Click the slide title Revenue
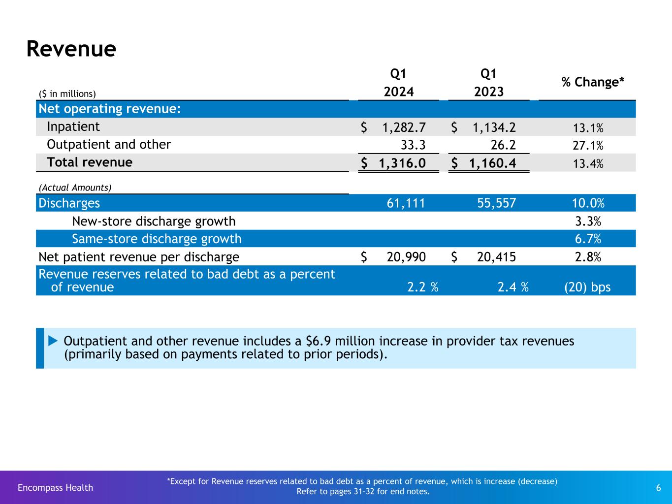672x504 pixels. click(x=71, y=49)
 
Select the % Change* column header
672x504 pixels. click(x=593, y=82)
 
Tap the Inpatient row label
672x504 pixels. click(x=73, y=127)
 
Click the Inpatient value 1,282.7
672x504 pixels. click(x=404, y=127)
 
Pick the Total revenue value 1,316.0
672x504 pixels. click(x=399, y=163)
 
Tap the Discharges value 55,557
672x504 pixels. click(x=496, y=203)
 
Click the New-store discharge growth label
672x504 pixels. click(x=154, y=221)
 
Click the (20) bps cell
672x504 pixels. click(x=587, y=287)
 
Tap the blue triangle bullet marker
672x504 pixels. click(x=53, y=341)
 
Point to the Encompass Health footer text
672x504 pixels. click(x=55, y=487)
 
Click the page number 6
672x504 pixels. click(x=658, y=488)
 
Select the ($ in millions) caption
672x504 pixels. click(x=67, y=94)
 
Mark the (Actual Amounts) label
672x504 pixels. click(x=75, y=188)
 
